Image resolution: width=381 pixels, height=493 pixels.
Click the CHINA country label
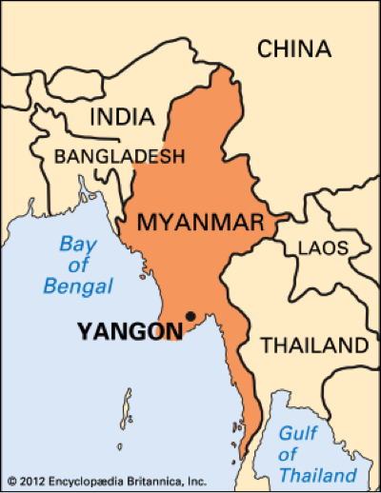[294, 49]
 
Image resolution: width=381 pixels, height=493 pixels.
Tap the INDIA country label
[121, 117]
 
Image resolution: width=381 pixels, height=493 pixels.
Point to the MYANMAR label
[200, 224]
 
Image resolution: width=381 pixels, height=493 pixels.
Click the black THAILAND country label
[314, 344]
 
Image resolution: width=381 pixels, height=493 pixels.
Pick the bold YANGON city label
[130, 332]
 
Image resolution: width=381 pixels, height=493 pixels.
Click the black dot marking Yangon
[190, 316]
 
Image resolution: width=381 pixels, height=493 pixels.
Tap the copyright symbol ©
[10, 481]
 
